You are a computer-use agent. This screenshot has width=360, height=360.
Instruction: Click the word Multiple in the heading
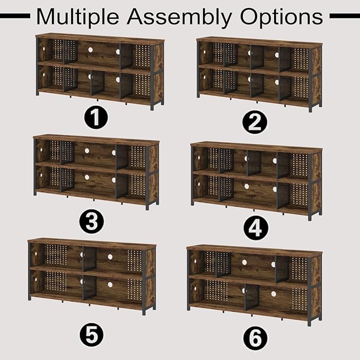[78, 17]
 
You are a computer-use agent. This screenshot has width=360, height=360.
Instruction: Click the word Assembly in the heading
[179, 17]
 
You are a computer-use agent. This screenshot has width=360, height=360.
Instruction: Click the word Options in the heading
[282, 17]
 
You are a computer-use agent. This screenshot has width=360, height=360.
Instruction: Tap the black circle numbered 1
[96, 118]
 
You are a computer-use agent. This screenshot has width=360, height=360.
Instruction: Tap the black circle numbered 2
[254, 122]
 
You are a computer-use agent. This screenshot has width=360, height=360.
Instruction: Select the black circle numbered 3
[92, 222]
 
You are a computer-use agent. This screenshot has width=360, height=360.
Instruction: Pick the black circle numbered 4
[256, 228]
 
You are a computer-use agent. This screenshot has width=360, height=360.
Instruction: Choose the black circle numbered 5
[92, 335]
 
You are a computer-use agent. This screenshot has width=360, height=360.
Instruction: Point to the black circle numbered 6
[256, 338]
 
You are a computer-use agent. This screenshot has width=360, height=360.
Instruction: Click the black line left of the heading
[15, 16]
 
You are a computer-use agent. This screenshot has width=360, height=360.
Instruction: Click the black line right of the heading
[345, 16]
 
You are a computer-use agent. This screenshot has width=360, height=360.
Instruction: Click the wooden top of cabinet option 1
[100, 38]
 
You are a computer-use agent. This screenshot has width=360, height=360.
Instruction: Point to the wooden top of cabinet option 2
[259, 41]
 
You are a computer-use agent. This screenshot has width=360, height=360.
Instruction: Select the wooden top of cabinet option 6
[254, 250]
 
